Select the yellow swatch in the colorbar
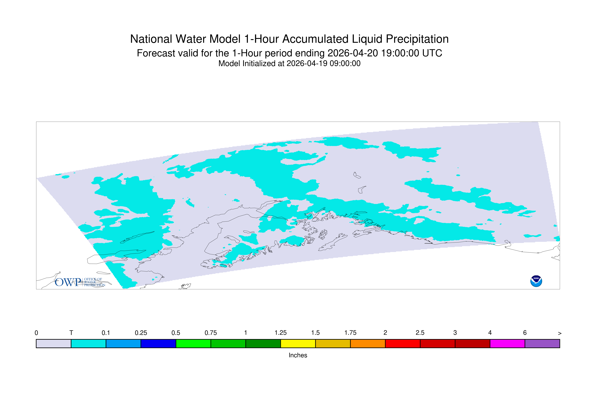click(298, 344)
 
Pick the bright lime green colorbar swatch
click(193, 344)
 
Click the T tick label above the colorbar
click(71, 333)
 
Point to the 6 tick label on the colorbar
click(525, 333)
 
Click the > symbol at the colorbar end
click(560, 333)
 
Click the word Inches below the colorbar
click(298, 355)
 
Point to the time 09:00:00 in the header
click(345, 63)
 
